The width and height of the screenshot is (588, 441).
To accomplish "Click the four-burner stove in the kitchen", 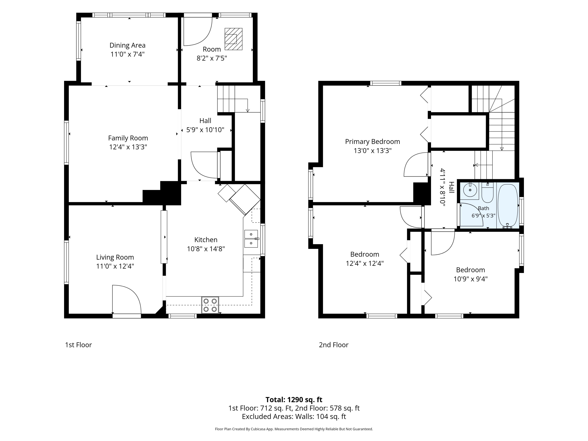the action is (210, 305).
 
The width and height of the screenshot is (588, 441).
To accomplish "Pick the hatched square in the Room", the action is (233, 39).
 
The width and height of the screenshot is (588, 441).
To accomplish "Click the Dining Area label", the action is (127, 45).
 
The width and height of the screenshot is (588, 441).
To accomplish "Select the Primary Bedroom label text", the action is (372, 142).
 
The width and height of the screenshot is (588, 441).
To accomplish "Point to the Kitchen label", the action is (206, 240).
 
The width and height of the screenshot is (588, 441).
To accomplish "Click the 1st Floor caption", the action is (78, 345).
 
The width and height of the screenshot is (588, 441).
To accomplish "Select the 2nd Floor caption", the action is (334, 345).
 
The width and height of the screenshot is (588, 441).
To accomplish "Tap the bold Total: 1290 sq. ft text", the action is (294, 399).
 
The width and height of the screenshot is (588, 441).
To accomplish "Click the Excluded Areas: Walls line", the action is (294, 416).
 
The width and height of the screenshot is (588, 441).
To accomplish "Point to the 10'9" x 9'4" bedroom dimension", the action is (471, 279).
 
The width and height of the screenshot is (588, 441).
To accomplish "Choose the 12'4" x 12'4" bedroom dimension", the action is (365, 263).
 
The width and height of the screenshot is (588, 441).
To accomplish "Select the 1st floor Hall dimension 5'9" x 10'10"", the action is (205, 130).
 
